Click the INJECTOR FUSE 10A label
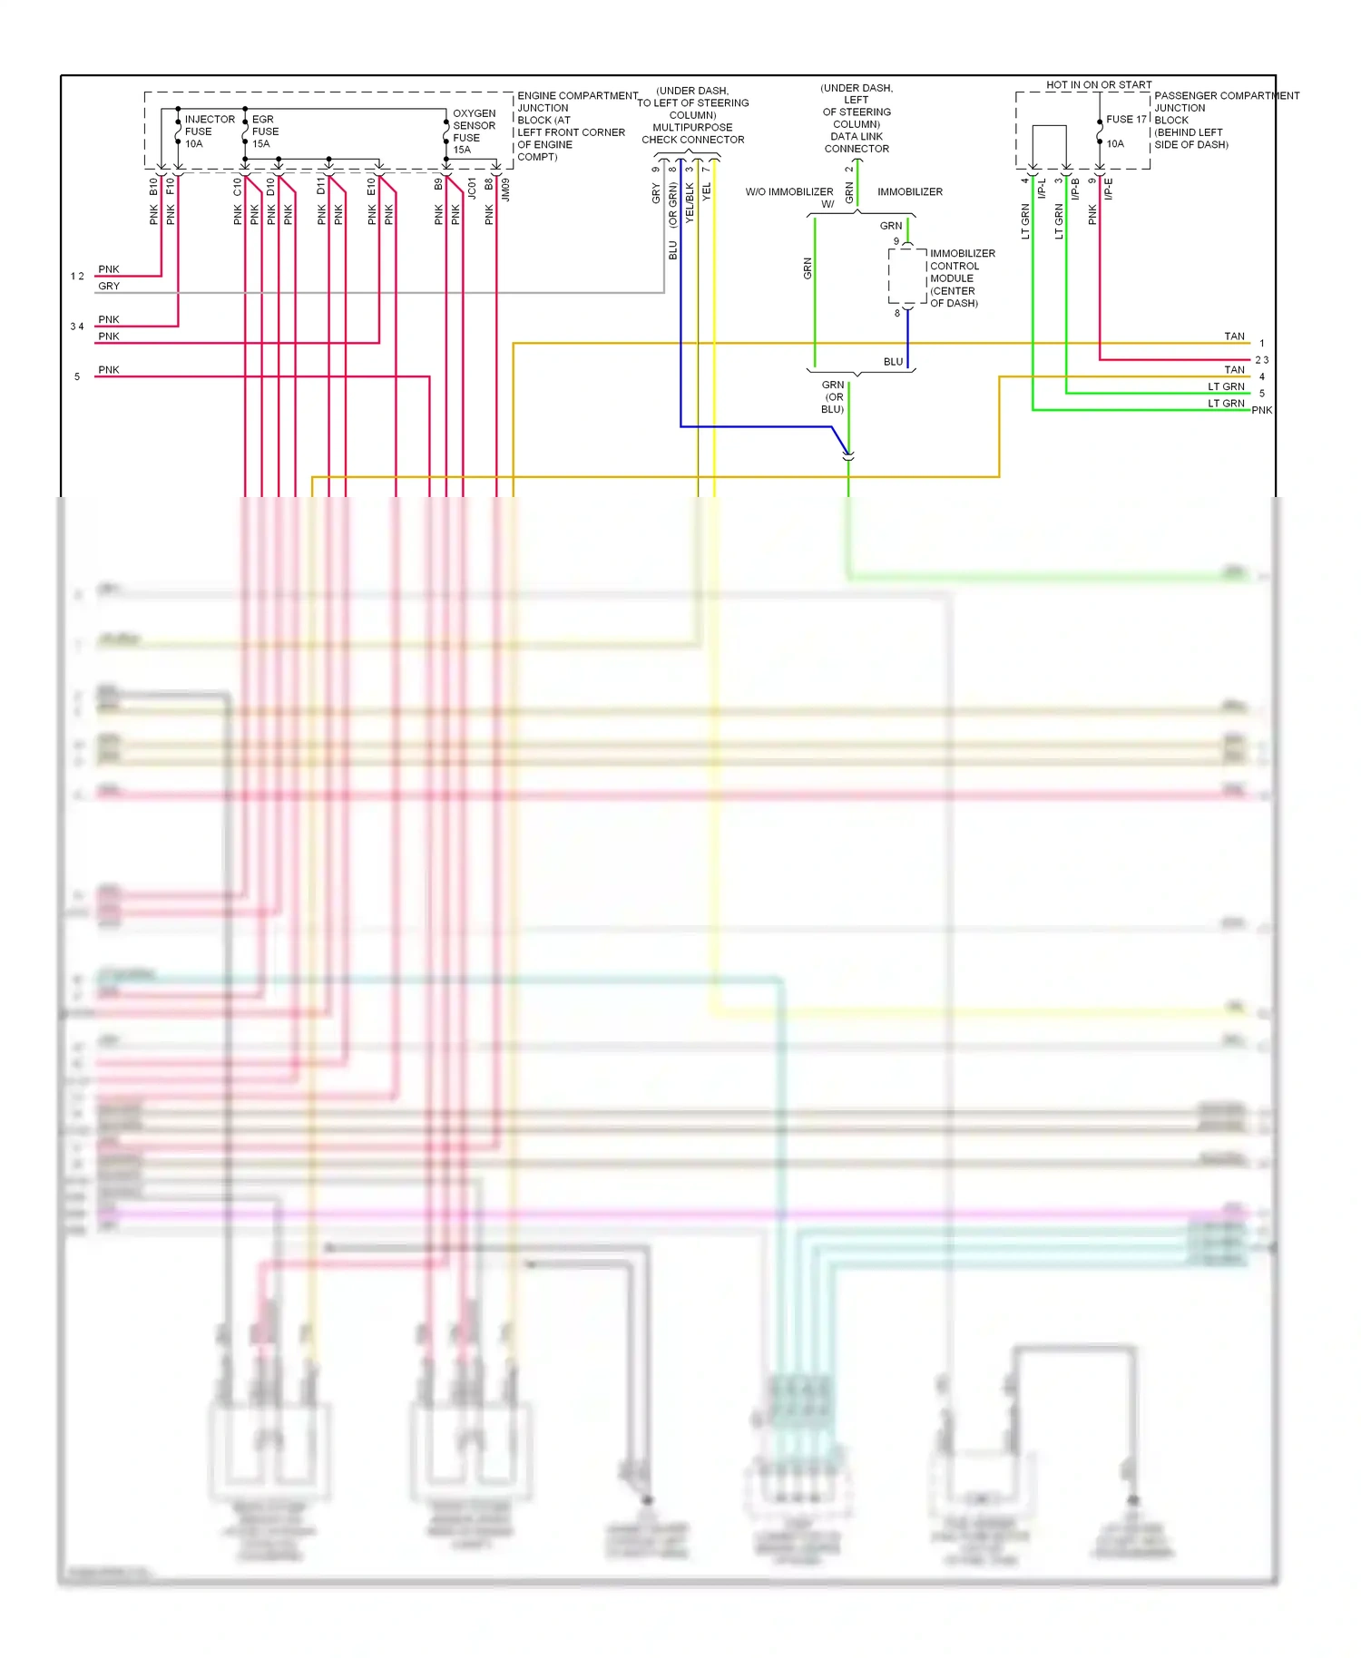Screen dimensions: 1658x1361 click(209, 132)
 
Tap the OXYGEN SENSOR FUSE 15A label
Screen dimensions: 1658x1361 click(474, 132)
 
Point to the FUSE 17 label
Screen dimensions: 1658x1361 click(1126, 119)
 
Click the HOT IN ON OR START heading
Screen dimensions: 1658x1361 click(1098, 84)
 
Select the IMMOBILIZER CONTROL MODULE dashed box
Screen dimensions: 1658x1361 click(906, 276)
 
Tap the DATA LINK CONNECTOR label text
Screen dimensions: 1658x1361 click(857, 142)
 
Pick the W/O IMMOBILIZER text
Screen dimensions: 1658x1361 click(788, 192)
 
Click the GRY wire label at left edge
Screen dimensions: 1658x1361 click(109, 286)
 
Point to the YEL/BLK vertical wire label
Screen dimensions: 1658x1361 click(690, 202)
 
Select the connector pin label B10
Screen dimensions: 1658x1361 click(153, 186)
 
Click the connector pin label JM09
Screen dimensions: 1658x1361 click(505, 189)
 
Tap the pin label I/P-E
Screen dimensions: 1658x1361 click(1108, 188)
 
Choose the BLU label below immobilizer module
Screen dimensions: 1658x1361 click(893, 361)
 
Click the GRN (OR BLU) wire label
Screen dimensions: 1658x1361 click(833, 397)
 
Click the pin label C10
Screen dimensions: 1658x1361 click(238, 186)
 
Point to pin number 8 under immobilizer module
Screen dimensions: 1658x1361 click(897, 313)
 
